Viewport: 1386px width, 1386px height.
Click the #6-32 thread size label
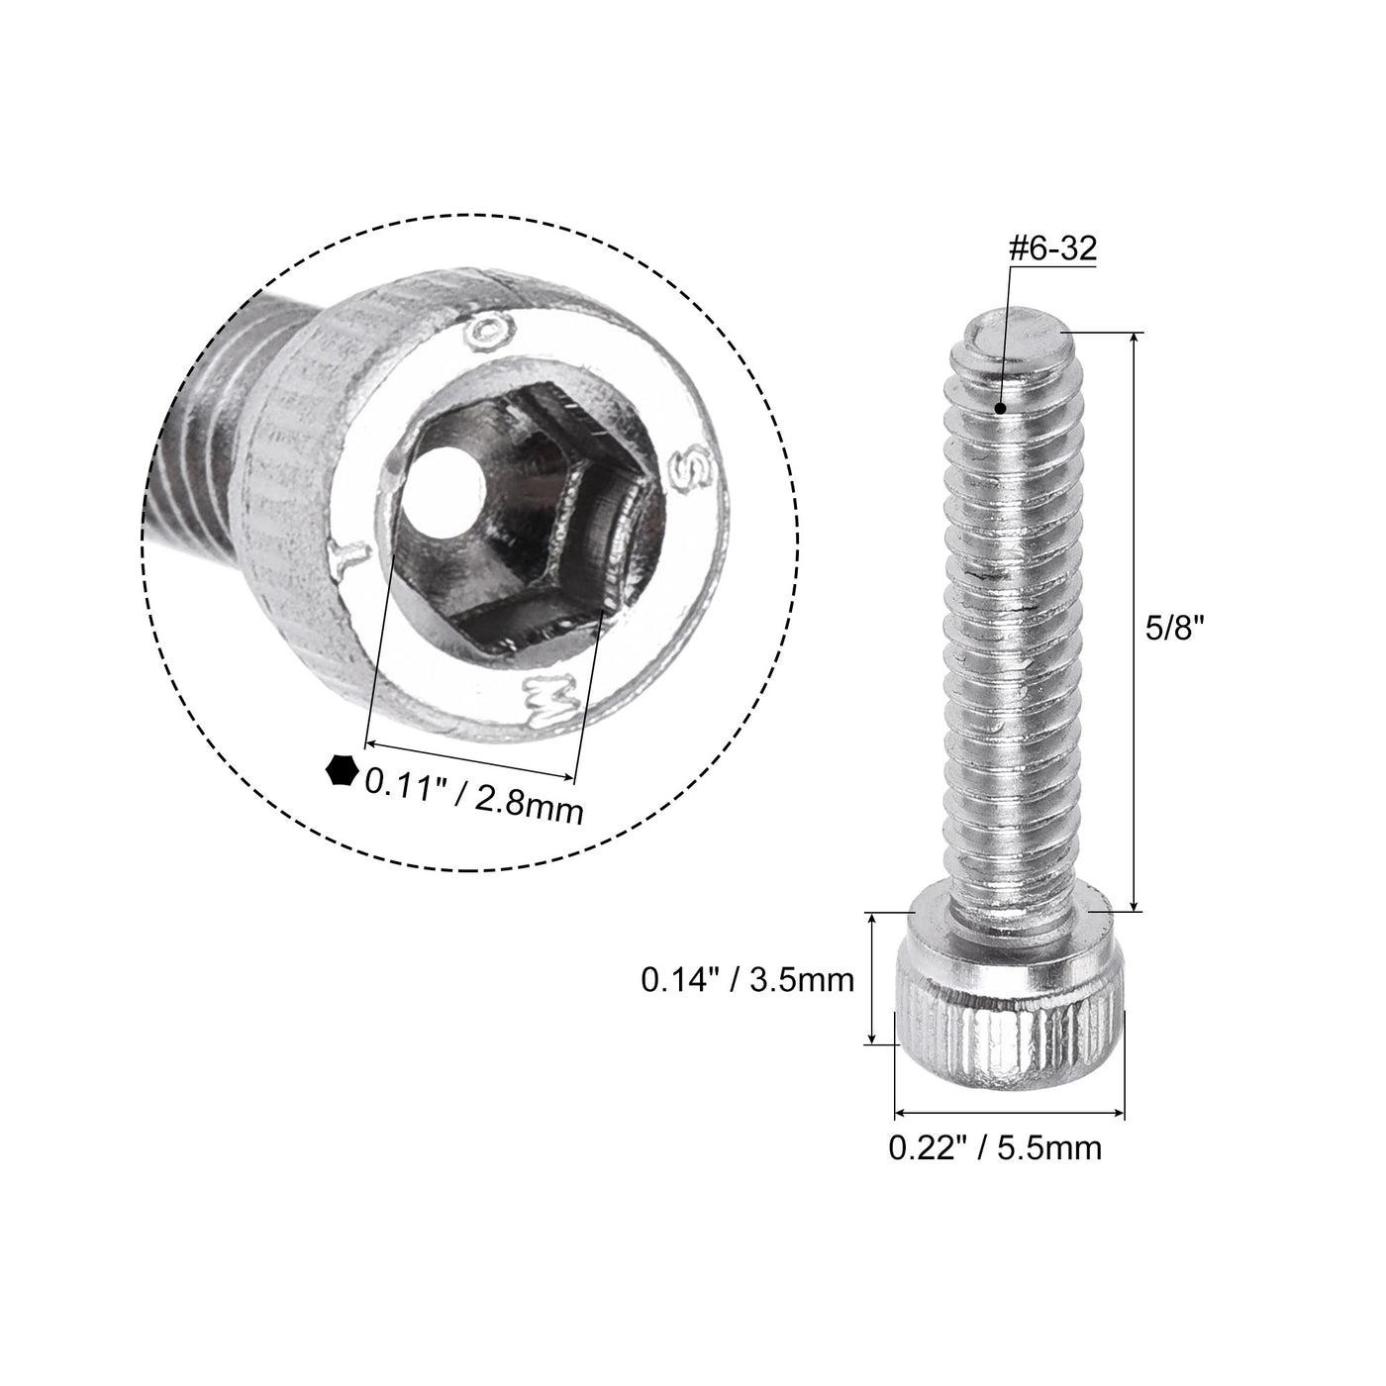1051,250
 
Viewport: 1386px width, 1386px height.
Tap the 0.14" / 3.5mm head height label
747,980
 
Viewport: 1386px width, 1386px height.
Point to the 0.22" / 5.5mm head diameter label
994,1147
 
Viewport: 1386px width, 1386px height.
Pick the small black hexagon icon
342,770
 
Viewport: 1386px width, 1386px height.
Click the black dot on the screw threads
1002,407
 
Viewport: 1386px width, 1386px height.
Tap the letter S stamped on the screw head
686,470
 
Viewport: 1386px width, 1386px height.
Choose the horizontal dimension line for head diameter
1010,1114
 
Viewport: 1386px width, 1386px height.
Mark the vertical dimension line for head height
871,978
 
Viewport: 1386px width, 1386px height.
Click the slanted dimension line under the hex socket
470,758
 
